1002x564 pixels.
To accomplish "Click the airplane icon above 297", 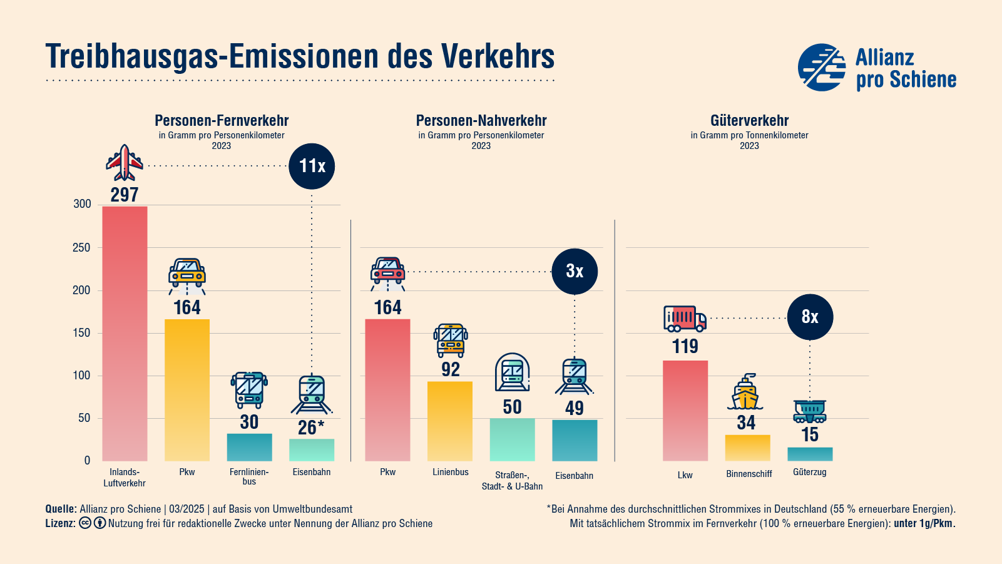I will click(125, 163).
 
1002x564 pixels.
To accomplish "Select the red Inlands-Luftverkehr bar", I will click(125, 333).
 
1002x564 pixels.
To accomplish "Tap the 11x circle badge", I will click(312, 166).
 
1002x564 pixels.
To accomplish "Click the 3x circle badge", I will click(575, 271).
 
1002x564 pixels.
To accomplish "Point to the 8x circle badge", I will click(810, 317).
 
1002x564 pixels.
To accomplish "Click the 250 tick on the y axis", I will click(81, 247).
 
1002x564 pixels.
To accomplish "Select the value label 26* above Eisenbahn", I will click(311, 428).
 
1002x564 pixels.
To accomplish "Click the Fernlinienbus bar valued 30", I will click(249, 447).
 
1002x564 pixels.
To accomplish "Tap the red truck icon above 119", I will click(685, 318).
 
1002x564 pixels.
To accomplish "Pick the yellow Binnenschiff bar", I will click(747, 448).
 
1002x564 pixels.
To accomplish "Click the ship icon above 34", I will click(745, 393).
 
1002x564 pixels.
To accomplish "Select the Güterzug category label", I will click(809, 472).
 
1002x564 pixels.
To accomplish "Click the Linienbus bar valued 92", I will click(450, 421).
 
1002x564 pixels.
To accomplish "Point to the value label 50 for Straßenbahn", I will click(512, 407).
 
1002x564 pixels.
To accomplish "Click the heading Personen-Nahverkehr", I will click(481, 120).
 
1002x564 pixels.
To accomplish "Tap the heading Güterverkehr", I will click(749, 120).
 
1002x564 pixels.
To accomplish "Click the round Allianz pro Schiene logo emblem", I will click(822, 67).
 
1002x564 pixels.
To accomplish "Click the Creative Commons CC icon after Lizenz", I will click(85, 523).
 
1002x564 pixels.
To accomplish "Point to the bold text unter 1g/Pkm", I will click(924, 523).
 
